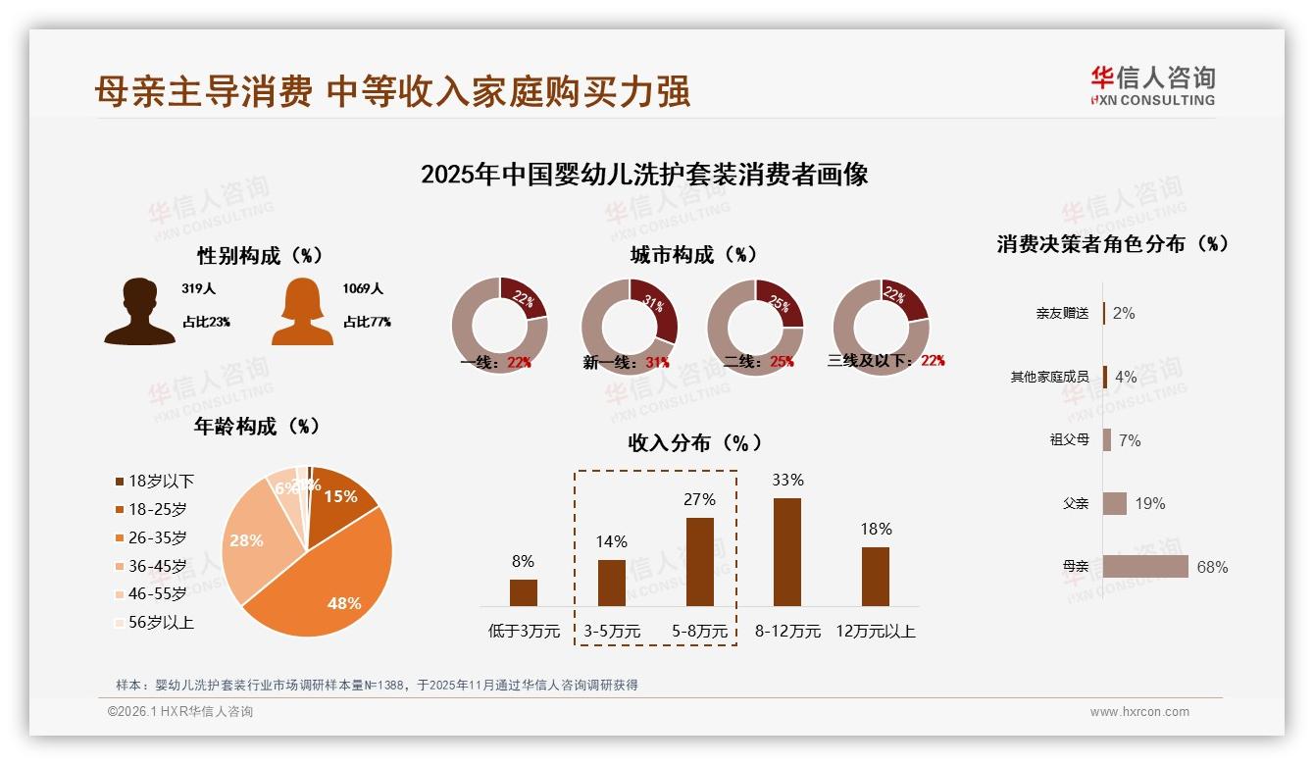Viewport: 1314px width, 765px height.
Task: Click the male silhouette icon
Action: pyautogui.click(x=139, y=312)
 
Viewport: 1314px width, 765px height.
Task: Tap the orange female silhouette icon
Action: pyautogui.click(x=302, y=312)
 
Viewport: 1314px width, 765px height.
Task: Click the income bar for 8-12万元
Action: pyautogui.click(x=787, y=552)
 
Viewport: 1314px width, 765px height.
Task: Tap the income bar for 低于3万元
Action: pyautogui.click(x=524, y=592)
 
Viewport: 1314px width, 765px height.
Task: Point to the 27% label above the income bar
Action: pyautogui.click(x=699, y=499)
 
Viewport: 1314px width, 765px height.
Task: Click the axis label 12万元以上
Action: pyautogui.click(x=875, y=631)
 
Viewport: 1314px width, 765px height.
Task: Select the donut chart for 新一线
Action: pyautogui.click(x=629, y=327)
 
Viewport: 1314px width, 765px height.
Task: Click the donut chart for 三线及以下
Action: pyautogui.click(x=881, y=327)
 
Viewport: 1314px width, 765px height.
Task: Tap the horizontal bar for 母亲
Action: pyautogui.click(x=1145, y=567)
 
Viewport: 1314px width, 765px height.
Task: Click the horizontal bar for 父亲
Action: pyautogui.click(x=1115, y=503)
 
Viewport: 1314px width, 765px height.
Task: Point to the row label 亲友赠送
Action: pyautogui.click(x=1062, y=314)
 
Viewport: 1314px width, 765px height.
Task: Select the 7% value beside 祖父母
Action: pyautogui.click(x=1130, y=440)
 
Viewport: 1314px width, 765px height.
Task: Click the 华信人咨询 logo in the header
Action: pyautogui.click(x=1152, y=85)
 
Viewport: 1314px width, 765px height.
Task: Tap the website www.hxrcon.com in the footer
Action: pyautogui.click(x=1139, y=712)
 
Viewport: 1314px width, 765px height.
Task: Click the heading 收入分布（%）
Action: pyautogui.click(x=694, y=442)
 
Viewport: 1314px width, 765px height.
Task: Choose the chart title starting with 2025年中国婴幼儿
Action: pyautogui.click(x=644, y=175)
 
